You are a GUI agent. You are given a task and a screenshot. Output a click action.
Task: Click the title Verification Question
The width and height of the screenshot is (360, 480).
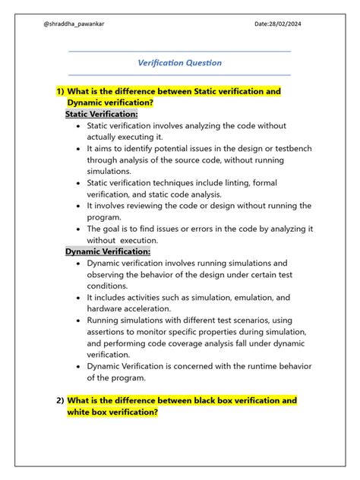[179, 63]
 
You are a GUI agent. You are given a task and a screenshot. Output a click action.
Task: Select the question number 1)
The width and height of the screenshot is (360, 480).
[60, 91]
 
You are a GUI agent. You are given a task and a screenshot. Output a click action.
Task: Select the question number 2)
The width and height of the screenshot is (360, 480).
[60, 400]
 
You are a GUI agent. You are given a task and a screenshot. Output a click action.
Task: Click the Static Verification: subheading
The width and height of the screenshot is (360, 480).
[102, 114]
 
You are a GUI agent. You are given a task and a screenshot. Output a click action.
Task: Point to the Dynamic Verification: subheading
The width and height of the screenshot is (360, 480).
[108, 251]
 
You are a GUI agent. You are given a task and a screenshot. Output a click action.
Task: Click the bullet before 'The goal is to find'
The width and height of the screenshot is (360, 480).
[79, 229]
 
